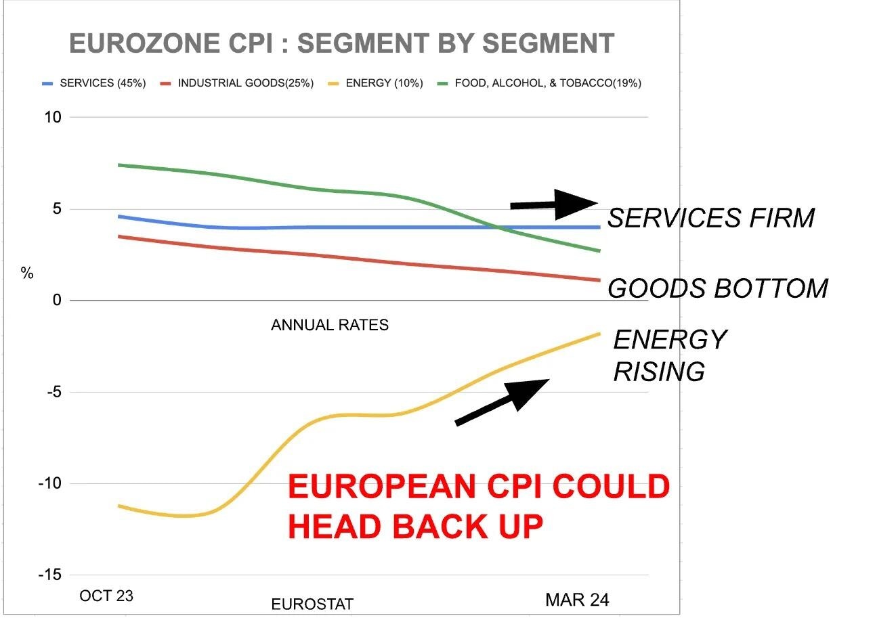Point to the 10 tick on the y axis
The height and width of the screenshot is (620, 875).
pos(53,117)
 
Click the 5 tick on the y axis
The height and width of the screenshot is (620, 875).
pos(57,209)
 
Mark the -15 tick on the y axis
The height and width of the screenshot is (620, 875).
pos(50,575)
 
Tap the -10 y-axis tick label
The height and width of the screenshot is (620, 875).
pos(50,483)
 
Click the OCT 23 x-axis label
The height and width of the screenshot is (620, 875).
pos(106,596)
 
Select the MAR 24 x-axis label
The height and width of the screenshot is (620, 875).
pos(577,599)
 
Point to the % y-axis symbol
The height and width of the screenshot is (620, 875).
pos(27,273)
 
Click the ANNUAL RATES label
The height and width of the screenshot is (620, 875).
pos(330,325)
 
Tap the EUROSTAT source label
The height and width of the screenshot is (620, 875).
pos(312,604)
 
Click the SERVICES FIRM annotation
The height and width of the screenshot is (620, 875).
pos(710,218)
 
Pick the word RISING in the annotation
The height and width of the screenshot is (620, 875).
pos(659,372)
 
